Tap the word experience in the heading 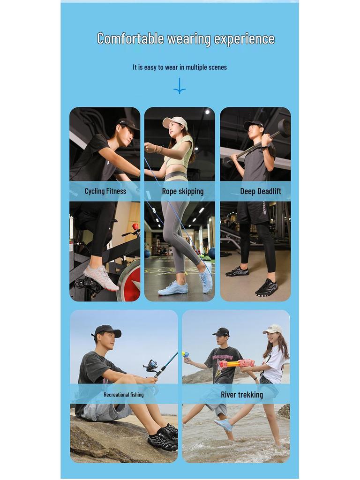pos(244,39)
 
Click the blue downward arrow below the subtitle pos(180,86)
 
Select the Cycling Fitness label pos(105,191)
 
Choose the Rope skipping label pos(183,191)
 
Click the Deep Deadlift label pos(261,191)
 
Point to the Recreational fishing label pos(124,395)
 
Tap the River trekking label pos(242,395)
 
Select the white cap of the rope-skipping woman pos(175,122)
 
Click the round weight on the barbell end pos(284,127)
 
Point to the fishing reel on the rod pos(151,366)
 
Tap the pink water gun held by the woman pos(237,363)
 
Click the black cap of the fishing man pos(107,331)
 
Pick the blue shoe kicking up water pos(224,424)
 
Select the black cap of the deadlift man pos(253,124)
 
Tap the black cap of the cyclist pos(127,124)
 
